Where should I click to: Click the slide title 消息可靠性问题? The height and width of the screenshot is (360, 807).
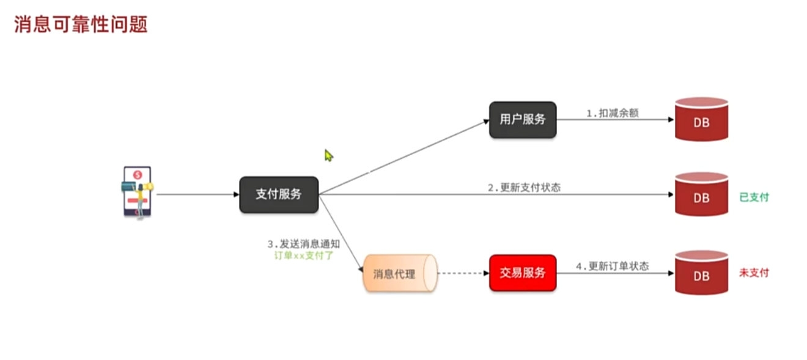click(81, 25)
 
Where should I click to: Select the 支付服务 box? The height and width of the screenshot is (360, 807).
click(279, 195)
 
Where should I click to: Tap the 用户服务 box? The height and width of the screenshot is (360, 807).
click(523, 120)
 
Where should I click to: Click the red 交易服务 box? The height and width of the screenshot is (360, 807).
click(523, 273)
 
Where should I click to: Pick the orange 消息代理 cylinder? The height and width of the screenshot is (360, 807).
click(399, 273)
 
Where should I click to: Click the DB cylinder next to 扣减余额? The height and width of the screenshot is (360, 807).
click(701, 120)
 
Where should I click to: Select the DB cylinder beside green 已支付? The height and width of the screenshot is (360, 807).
click(701, 196)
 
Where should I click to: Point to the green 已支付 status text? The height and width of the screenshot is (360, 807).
click(754, 197)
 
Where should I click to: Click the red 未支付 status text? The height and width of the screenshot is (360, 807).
click(754, 273)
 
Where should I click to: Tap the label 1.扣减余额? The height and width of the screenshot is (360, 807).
click(613, 113)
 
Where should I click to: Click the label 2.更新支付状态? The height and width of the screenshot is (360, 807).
click(524, 188)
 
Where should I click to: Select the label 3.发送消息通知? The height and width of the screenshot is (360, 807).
click(303, 244)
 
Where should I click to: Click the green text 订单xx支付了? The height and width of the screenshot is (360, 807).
click(304, 255)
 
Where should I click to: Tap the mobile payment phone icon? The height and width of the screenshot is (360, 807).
click(138, 192)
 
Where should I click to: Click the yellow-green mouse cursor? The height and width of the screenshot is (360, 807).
click(328, 156)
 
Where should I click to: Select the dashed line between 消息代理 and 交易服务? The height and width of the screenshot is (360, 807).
click(463, 273)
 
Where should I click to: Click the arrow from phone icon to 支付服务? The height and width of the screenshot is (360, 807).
click(196, 195)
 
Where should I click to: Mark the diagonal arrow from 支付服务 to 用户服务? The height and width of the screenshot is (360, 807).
click(403, 158)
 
